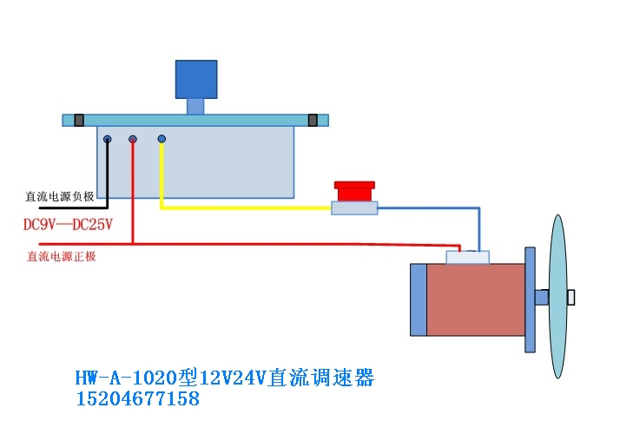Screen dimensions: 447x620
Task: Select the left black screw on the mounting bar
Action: tap(78, 120)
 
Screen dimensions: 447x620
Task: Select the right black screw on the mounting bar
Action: tap(313, 120)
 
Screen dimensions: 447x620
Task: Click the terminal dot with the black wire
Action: tap(107, 139)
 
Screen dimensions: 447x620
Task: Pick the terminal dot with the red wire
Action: tap(133, 139)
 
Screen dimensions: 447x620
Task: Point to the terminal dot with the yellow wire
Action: tap(162, 139)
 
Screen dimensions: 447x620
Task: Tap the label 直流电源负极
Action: tap(59, 196)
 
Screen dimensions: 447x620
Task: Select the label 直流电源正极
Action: tap(62, 256)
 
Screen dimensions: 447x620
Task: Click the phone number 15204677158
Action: tap(137, 399)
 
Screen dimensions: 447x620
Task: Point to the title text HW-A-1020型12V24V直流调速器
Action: tap(224, 378)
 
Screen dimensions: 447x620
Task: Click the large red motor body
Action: tap(476, 299)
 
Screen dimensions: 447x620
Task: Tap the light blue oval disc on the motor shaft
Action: tap(558, 297)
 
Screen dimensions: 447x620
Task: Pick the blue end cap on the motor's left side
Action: tap(419, 299)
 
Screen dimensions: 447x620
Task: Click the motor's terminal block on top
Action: tap(467, 258)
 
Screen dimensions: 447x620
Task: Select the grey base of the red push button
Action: tap(355, 208)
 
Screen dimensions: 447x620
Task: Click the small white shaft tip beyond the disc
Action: tap(571, 298)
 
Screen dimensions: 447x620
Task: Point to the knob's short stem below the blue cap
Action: tap(195, 106)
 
